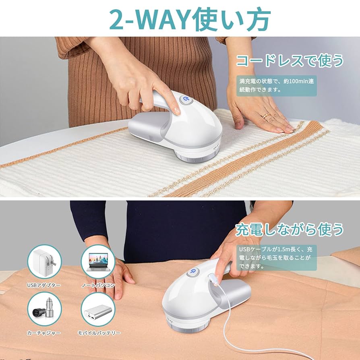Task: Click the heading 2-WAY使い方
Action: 180,18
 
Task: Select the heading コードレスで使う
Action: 290,60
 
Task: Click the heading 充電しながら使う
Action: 290,230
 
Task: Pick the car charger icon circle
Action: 44,309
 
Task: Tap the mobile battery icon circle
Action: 98,309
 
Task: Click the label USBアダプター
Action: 44,285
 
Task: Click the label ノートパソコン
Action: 98,285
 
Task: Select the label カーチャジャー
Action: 44,333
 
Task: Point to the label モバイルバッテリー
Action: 99,333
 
